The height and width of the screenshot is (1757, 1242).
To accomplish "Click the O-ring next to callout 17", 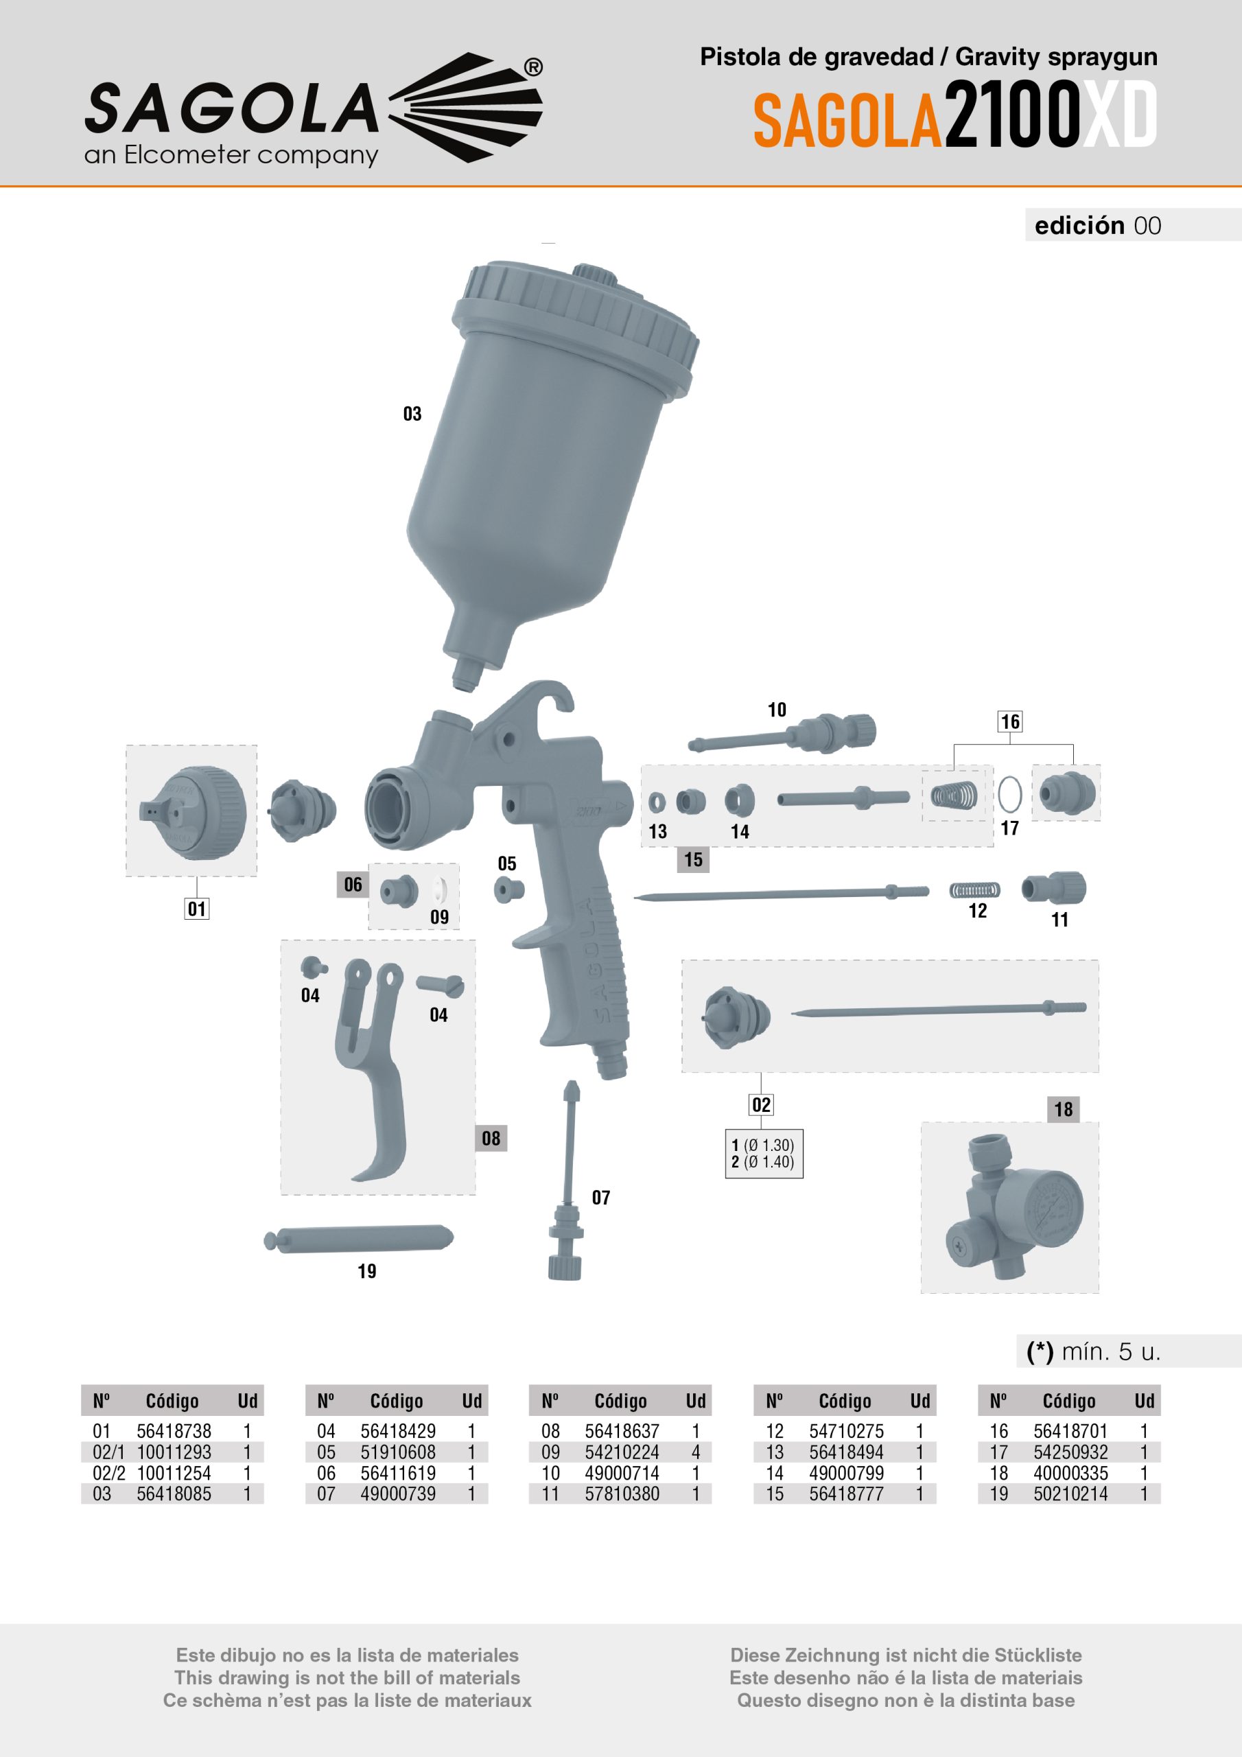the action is coord(1010,795).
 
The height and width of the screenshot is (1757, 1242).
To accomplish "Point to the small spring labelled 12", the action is coord(975,890).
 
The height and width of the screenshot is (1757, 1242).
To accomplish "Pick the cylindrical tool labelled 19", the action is coord(358,1239).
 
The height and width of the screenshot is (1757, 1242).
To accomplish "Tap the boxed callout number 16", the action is coord(1010,721).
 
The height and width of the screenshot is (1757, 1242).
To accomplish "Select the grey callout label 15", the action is coord(693,859).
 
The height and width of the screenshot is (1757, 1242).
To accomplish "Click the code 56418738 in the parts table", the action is coord(174,1431).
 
